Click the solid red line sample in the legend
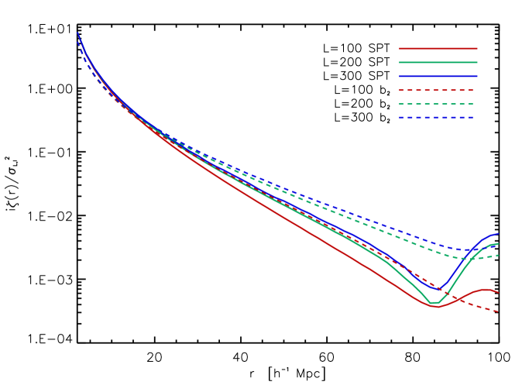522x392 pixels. click(x=438, y=48)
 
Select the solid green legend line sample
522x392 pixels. click(x=438, y=62)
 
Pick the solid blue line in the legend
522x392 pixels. click(x=438, y=76)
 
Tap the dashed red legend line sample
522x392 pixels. click(x=437, y=90)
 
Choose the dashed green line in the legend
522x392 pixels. click(x=437, y=104)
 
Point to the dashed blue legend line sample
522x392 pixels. click(x=437, y=118)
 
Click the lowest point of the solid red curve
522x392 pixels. click(x=435, y=307)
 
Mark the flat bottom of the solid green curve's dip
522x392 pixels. click(x=434, y=302)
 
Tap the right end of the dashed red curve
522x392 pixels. click(x=498, y=311)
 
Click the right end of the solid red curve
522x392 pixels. click(x=498, y=293)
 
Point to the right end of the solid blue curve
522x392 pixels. click(x=498, y=233)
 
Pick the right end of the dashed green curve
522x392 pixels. click(x=498, y=255)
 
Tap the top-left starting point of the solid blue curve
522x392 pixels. click(x=77, y=33)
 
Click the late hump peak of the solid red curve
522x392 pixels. click(x=486, y=289)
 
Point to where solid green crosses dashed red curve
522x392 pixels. click(x=447, y=292)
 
